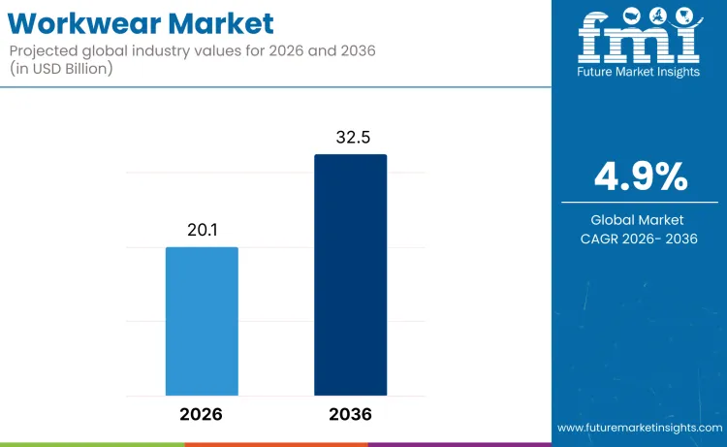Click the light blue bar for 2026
coord(202,321)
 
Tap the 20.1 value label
coord(202,230)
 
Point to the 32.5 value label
coord(352,138)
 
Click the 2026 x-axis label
coord(201,414)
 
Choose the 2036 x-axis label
coord(350,414)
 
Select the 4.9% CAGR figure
coord(640,176)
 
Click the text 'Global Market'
coord(640,220)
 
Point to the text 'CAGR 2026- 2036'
coord(640,239)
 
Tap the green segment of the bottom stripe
coord(92,444)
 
